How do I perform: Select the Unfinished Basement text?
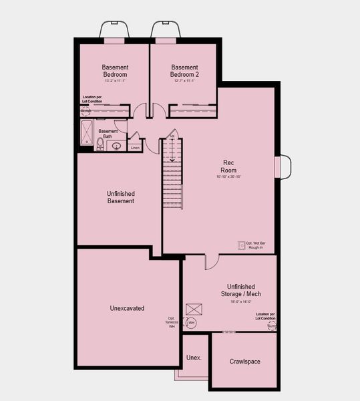[121, 197]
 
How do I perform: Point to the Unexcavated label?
[127, 308]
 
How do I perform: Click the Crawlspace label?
[244, 362]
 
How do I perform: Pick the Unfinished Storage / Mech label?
[229, 289]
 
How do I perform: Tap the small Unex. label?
[194, 358]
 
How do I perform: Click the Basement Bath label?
[108, 134]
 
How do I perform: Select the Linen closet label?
[135, 147]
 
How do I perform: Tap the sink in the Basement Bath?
[116, 146]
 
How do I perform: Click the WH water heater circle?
[190, 323]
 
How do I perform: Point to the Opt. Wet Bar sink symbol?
[242, 245]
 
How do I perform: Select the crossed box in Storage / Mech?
[194, 308]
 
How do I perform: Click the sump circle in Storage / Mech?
[271, 326]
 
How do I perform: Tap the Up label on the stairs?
[172, 136]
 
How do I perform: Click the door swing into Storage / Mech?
[210, 261]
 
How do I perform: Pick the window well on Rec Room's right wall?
[283, 167]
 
